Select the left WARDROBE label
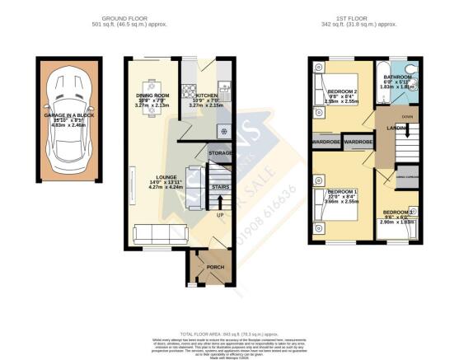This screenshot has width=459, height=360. (328, 143)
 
